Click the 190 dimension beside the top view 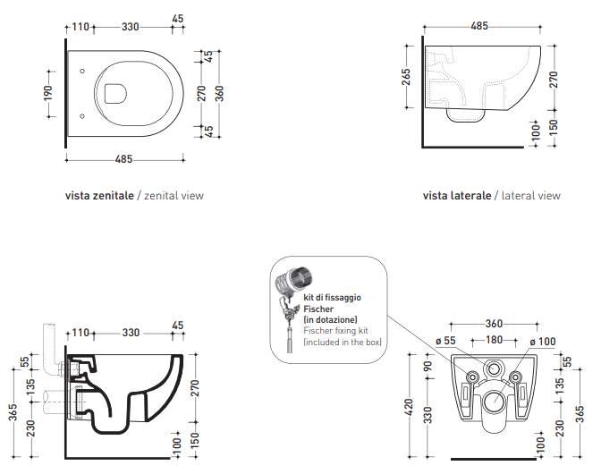pos(48,93)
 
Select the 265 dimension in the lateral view pos(406,77)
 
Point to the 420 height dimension pos(409,407)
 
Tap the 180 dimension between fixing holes pos(494,340)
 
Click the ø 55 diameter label pos(446,340)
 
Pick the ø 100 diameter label pos(543,341)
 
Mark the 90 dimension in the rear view pos(428,367)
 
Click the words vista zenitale pos(99,196)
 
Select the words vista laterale pos(457,196)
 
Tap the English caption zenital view pos(174,196)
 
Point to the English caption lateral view pos(531,196)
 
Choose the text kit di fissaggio pos(333,297)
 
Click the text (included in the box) pos(343,342)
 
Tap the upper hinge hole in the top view pos(82,71)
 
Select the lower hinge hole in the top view pos(82,115)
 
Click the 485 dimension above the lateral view pos(479,26)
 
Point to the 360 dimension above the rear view pos(494,324)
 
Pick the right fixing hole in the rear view pos(515,377)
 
